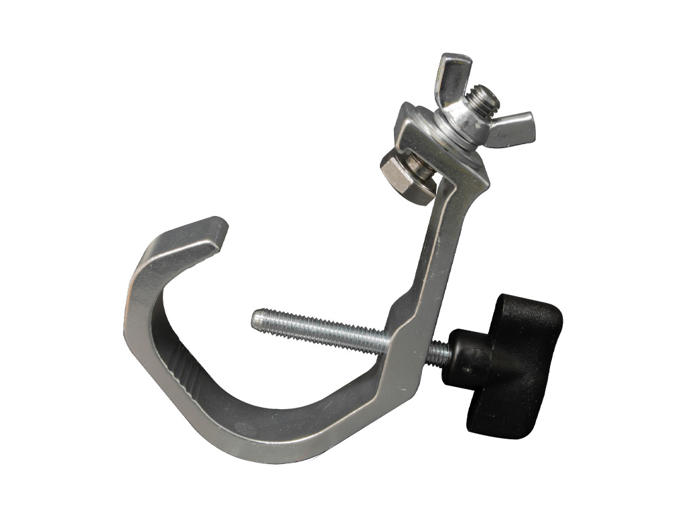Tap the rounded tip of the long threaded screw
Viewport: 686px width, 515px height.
(257, 319)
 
